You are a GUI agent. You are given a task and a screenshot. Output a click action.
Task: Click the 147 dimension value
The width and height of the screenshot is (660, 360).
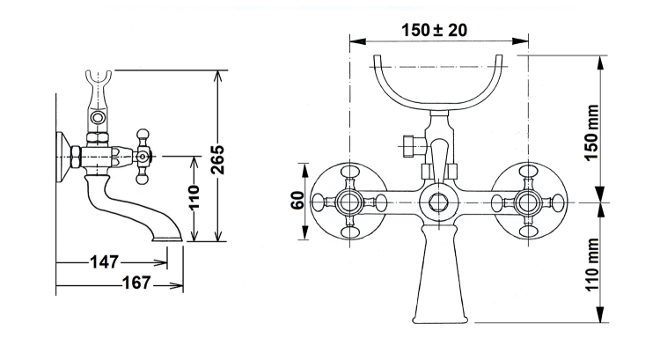[x=104, y=261]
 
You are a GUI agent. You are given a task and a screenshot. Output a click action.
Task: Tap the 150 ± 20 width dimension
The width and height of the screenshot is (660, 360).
[x=434, y=29]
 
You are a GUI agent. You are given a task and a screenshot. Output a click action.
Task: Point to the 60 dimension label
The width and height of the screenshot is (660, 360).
[x=297, y=202]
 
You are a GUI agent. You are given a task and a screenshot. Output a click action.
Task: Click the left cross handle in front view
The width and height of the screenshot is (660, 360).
[x=350, y=202]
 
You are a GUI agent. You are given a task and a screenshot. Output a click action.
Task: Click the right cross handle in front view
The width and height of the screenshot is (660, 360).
[x=528, y=202]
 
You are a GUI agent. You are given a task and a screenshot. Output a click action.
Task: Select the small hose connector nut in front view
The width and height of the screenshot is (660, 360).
[x=407, y=145]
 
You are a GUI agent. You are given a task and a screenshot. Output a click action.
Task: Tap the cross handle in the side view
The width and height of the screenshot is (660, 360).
[x=143, y=158]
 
